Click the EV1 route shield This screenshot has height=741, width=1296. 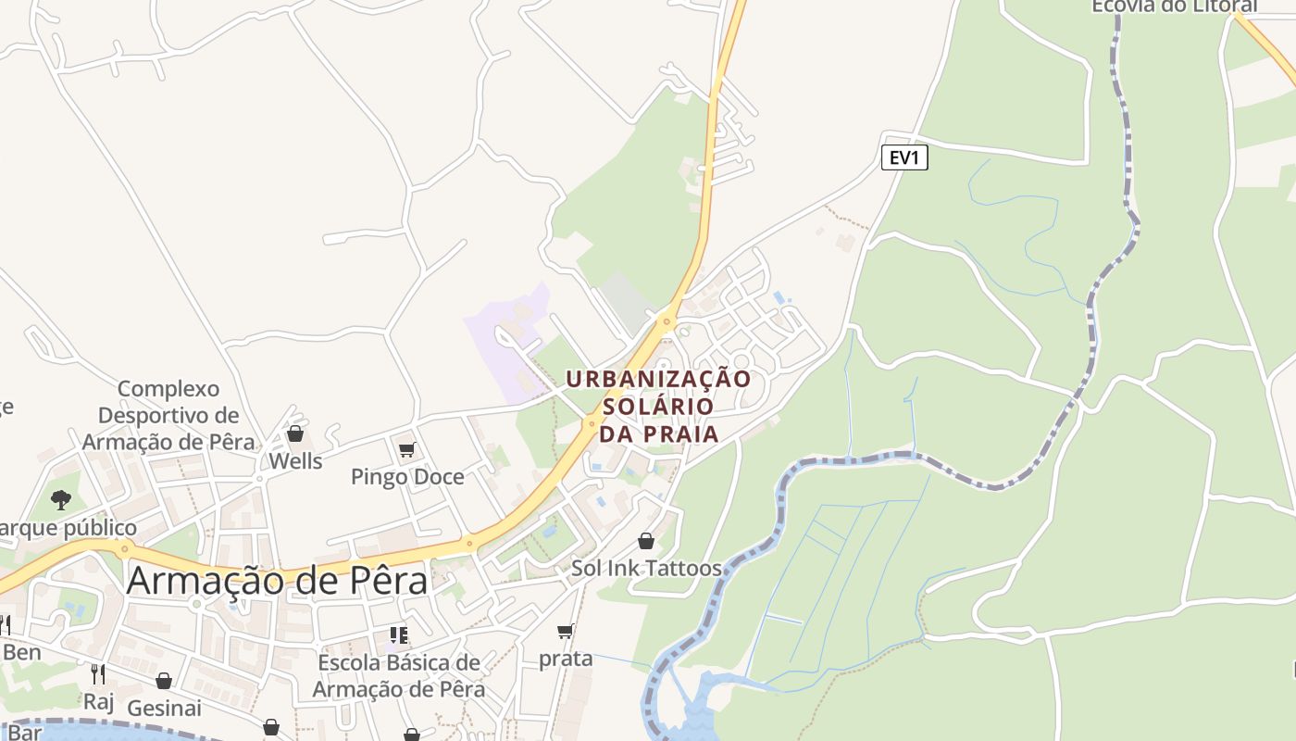click(x=903, y=157)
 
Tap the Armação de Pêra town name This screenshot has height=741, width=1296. click(x=277, y=581)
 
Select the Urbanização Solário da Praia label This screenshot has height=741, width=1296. click(x=658, y=406)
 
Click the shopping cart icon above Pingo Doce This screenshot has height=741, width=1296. click(x=406, y=450)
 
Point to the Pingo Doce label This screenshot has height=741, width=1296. click(x=407, y=476)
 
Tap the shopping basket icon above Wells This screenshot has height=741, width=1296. click(x=295, y=433)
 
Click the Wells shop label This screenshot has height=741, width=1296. click(x=295, y=460)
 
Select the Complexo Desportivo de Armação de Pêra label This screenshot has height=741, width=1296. click(x=168, y=415)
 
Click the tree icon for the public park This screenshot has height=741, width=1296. click(x=61, y=500)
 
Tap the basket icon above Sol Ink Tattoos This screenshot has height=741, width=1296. click(x=646, y=541)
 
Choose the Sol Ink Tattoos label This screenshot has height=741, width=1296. click(x=646, y=568)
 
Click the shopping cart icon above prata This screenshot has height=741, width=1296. click(x=566, y=632)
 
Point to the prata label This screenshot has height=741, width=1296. click(x=566, y=659)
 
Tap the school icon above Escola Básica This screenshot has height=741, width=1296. click(x=399, y=635)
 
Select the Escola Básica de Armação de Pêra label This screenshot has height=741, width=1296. click(x=399, y=676)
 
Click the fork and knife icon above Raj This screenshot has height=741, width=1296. click(x=98, y=673)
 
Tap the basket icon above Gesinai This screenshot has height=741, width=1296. click(x=164, y=682)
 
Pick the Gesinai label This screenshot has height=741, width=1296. click(x=164, y=709)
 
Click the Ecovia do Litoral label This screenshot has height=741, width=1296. click(x=1174, y=6)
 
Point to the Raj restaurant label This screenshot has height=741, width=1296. click(x=98, y=701)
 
